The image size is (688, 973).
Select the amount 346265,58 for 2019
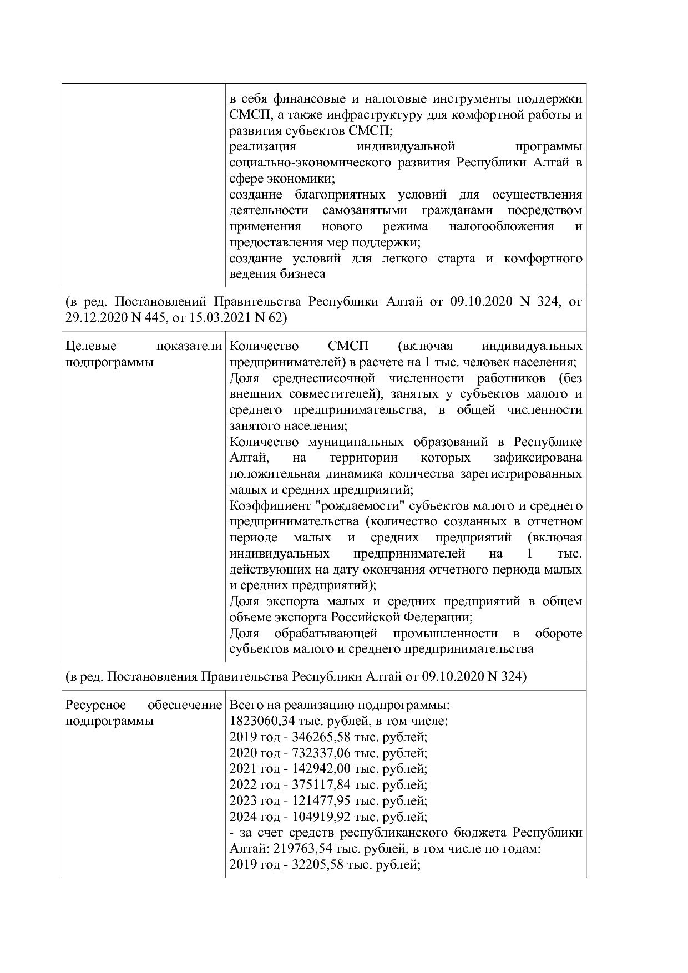point(317,738)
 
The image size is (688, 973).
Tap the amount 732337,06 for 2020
point(317,753)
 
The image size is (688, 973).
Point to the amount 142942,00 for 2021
point(317,769)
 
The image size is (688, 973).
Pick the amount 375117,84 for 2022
point(317,785)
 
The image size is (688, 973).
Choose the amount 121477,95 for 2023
point(317,801)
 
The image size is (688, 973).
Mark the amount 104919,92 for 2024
point(317,817)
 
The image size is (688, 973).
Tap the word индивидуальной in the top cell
point(406,147)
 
